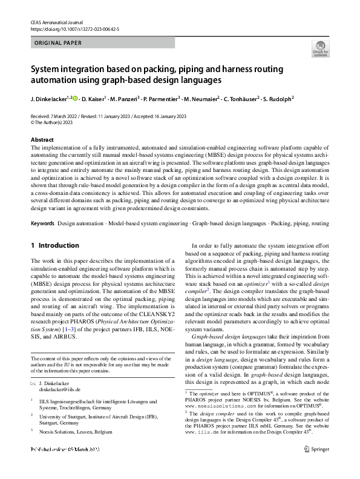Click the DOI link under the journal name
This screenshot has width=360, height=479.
[x=74, y=28]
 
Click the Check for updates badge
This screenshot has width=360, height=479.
[x=319, y=48]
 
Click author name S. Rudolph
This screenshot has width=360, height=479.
[x=277, y=98]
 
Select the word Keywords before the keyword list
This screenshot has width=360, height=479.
[x=42, y=224]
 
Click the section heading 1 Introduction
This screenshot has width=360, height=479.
[x=54, y=245]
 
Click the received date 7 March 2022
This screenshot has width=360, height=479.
[x=68, y=115]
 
